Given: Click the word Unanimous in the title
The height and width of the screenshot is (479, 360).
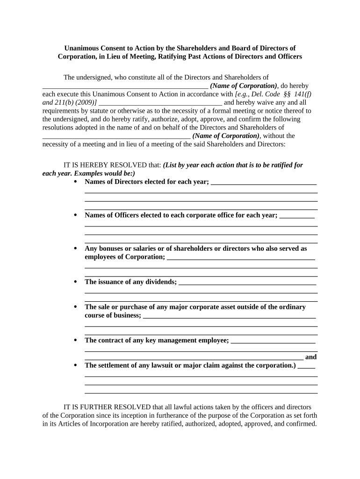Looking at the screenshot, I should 82,48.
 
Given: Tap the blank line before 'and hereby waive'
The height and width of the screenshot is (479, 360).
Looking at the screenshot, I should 161,103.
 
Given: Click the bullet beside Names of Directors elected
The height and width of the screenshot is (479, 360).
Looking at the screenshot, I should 75,181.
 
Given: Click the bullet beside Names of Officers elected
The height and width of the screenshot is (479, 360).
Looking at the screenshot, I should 75,215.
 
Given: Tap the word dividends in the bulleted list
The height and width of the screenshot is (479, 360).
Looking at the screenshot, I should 160,282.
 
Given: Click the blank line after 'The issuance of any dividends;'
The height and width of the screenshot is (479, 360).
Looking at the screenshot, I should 247,283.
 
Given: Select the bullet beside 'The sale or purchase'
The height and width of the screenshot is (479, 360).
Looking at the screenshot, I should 75,307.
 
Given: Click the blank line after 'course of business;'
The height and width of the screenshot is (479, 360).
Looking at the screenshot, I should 229,317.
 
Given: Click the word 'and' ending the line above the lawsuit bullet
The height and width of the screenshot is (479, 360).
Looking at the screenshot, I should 311,357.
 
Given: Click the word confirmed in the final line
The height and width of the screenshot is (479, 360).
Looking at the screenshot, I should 302,424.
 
